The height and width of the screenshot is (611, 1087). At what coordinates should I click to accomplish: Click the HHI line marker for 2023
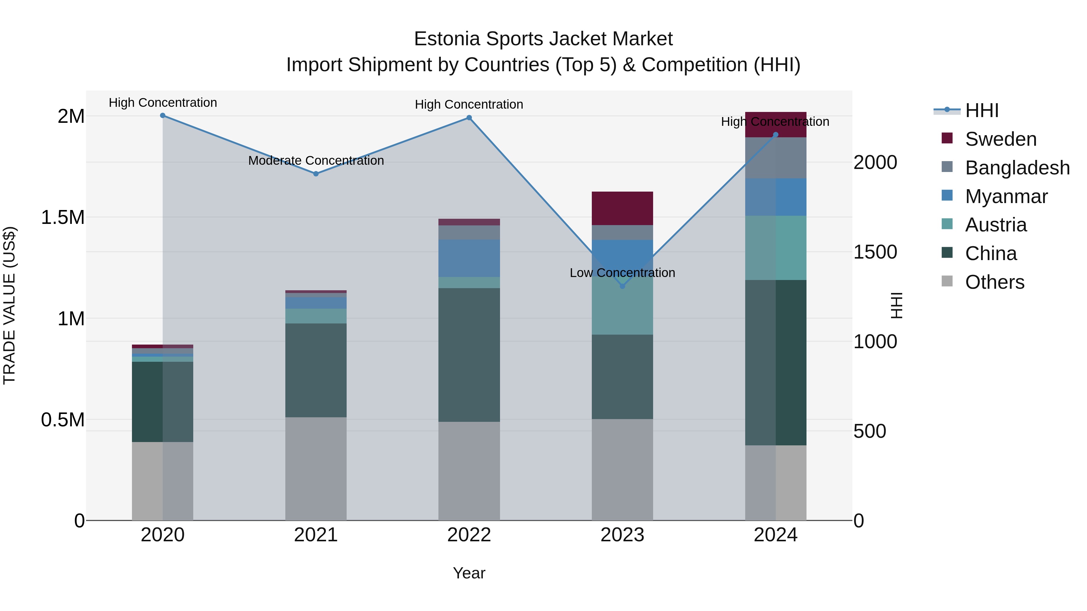622,286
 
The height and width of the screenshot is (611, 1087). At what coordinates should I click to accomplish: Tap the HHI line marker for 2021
316,174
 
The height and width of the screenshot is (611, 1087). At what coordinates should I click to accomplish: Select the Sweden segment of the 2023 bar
622,208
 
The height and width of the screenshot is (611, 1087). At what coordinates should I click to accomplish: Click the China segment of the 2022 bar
469,355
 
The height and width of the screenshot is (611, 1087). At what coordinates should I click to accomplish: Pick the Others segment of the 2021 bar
316,469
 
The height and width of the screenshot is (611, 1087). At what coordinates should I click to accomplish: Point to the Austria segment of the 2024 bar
776,248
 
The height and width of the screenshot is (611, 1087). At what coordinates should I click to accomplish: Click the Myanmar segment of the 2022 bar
469,259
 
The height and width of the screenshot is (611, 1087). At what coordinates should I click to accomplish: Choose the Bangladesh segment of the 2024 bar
776,158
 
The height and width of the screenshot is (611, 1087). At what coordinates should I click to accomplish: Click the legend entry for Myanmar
1006,196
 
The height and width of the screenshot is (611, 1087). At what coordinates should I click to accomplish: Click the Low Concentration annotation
622,273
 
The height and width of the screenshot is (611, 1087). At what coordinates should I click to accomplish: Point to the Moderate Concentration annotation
316,161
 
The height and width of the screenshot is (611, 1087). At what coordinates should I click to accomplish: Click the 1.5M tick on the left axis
63,218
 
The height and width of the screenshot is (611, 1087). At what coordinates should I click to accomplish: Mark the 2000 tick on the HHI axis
875,162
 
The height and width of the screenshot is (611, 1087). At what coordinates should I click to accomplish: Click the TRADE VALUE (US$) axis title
9,306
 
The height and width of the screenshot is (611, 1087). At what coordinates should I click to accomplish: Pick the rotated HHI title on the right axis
896,306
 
